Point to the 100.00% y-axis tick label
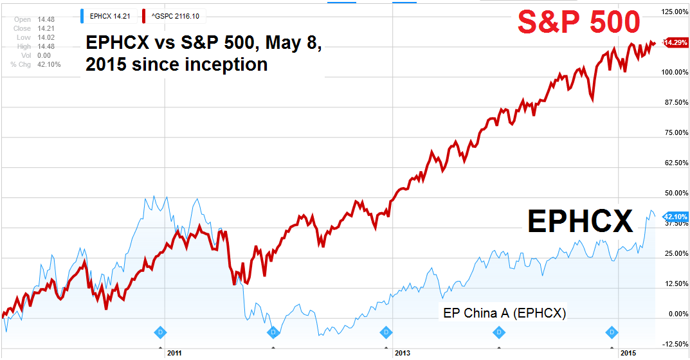tap(674, 72)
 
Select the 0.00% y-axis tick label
tap(676, 314)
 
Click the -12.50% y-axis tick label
tap(674, 344)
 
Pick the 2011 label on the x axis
tap(174, 353)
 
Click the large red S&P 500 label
tap(579, 22)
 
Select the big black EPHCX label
tap(580, 222)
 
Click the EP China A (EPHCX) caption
tap(505, 313)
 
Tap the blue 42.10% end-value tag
tap(675, 217)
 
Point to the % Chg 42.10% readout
tap(36, 64)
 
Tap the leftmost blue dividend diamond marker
tap(160, 332)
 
